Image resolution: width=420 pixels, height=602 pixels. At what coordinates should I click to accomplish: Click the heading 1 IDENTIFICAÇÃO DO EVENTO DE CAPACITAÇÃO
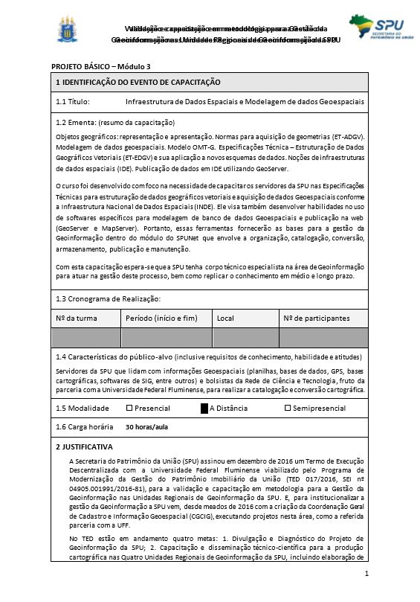click(138, 82)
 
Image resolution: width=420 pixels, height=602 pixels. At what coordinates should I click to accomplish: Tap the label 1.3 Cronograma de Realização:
click(108, 299)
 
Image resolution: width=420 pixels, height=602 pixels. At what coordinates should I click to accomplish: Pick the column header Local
click(225, 318)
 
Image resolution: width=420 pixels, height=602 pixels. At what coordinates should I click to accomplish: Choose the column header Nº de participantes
click(317, 318)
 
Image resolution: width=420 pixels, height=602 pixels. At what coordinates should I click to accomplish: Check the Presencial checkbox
click(129, 408)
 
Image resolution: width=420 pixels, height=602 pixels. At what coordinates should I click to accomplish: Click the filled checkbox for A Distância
click(204, 408)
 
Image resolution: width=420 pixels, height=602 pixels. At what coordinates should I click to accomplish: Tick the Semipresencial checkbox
click(288, 408)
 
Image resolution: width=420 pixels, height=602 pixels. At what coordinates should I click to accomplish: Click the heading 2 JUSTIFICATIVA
click(84, 447)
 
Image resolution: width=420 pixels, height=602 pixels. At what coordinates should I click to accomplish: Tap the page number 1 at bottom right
click(366, 575)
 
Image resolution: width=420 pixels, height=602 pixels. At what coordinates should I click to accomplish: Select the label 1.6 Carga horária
click(84, 427)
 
